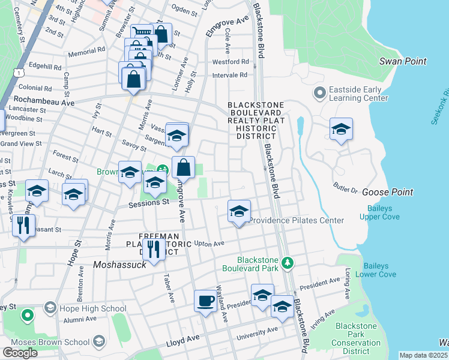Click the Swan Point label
click(x=403, y=61)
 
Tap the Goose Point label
click(x=387, y=192)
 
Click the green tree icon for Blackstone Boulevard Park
click(x=288, y=263)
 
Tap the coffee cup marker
click(x=205, y=299)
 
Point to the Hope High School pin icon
click(x=49, y=309)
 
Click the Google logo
click(x=20, y=353)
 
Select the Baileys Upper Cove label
click(x=384, y=212)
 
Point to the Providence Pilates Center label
click(x=296, y=220)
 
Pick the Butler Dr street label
click(x=346, y=188)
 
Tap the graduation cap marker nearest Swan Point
click(x=341, y=129)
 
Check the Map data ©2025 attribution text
click(x=423, y=355)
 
